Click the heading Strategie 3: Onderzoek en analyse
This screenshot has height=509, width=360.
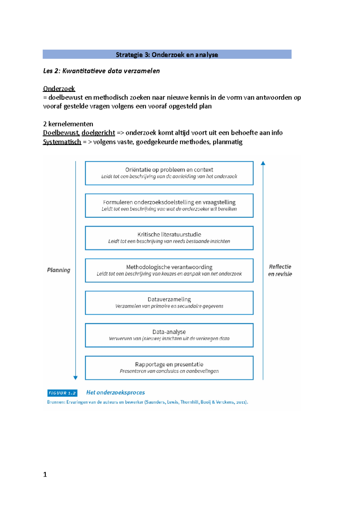pyautogui.click(x=167, y=55)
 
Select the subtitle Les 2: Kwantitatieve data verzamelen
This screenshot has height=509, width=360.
pyautogui.click(x=101, y=71)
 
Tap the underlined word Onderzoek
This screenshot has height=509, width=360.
pyautogui.click(x=59, y=89)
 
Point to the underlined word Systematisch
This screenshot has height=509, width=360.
pyautogui.click(x=62, y=142)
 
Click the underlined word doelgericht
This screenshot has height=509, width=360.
pyautogui.click(x=98, y=133)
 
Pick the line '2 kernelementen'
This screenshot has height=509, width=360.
pyautogui.click(x=68, y=124)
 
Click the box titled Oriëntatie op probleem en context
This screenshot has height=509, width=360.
pyautogui.click(x=169, y=173)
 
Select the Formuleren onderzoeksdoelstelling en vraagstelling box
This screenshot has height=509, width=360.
pyautogui.click(x=169, y=206)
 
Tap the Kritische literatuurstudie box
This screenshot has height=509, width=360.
pyautogui.click(x=169, y=238)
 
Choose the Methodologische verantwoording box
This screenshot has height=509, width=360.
pyautogui.click(x=169, y=270)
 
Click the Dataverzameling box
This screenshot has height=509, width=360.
pyautogui.click(x=169, y=303)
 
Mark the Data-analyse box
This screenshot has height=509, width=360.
pyautogui.click(x=169, y=335)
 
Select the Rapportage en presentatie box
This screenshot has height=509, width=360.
pyautogui.click(x=169, y=368)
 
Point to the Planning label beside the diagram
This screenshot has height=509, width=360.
pyautogui.click(x=58, y=270)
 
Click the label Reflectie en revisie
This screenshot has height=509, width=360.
pyautogui.click(x=280, y=270)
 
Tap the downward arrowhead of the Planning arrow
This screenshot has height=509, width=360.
pyautogui.click(x=76, y=378)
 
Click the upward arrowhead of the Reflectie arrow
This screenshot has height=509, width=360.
pyautogui.click(x=263, y=163)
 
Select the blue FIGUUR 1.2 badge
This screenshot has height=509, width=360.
pyautogui.click(x=62, y=393)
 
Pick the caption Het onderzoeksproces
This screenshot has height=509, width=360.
pyautogui.click(x=115, y=392)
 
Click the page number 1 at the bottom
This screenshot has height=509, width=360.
pyautogui.click(x=45, y=475)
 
